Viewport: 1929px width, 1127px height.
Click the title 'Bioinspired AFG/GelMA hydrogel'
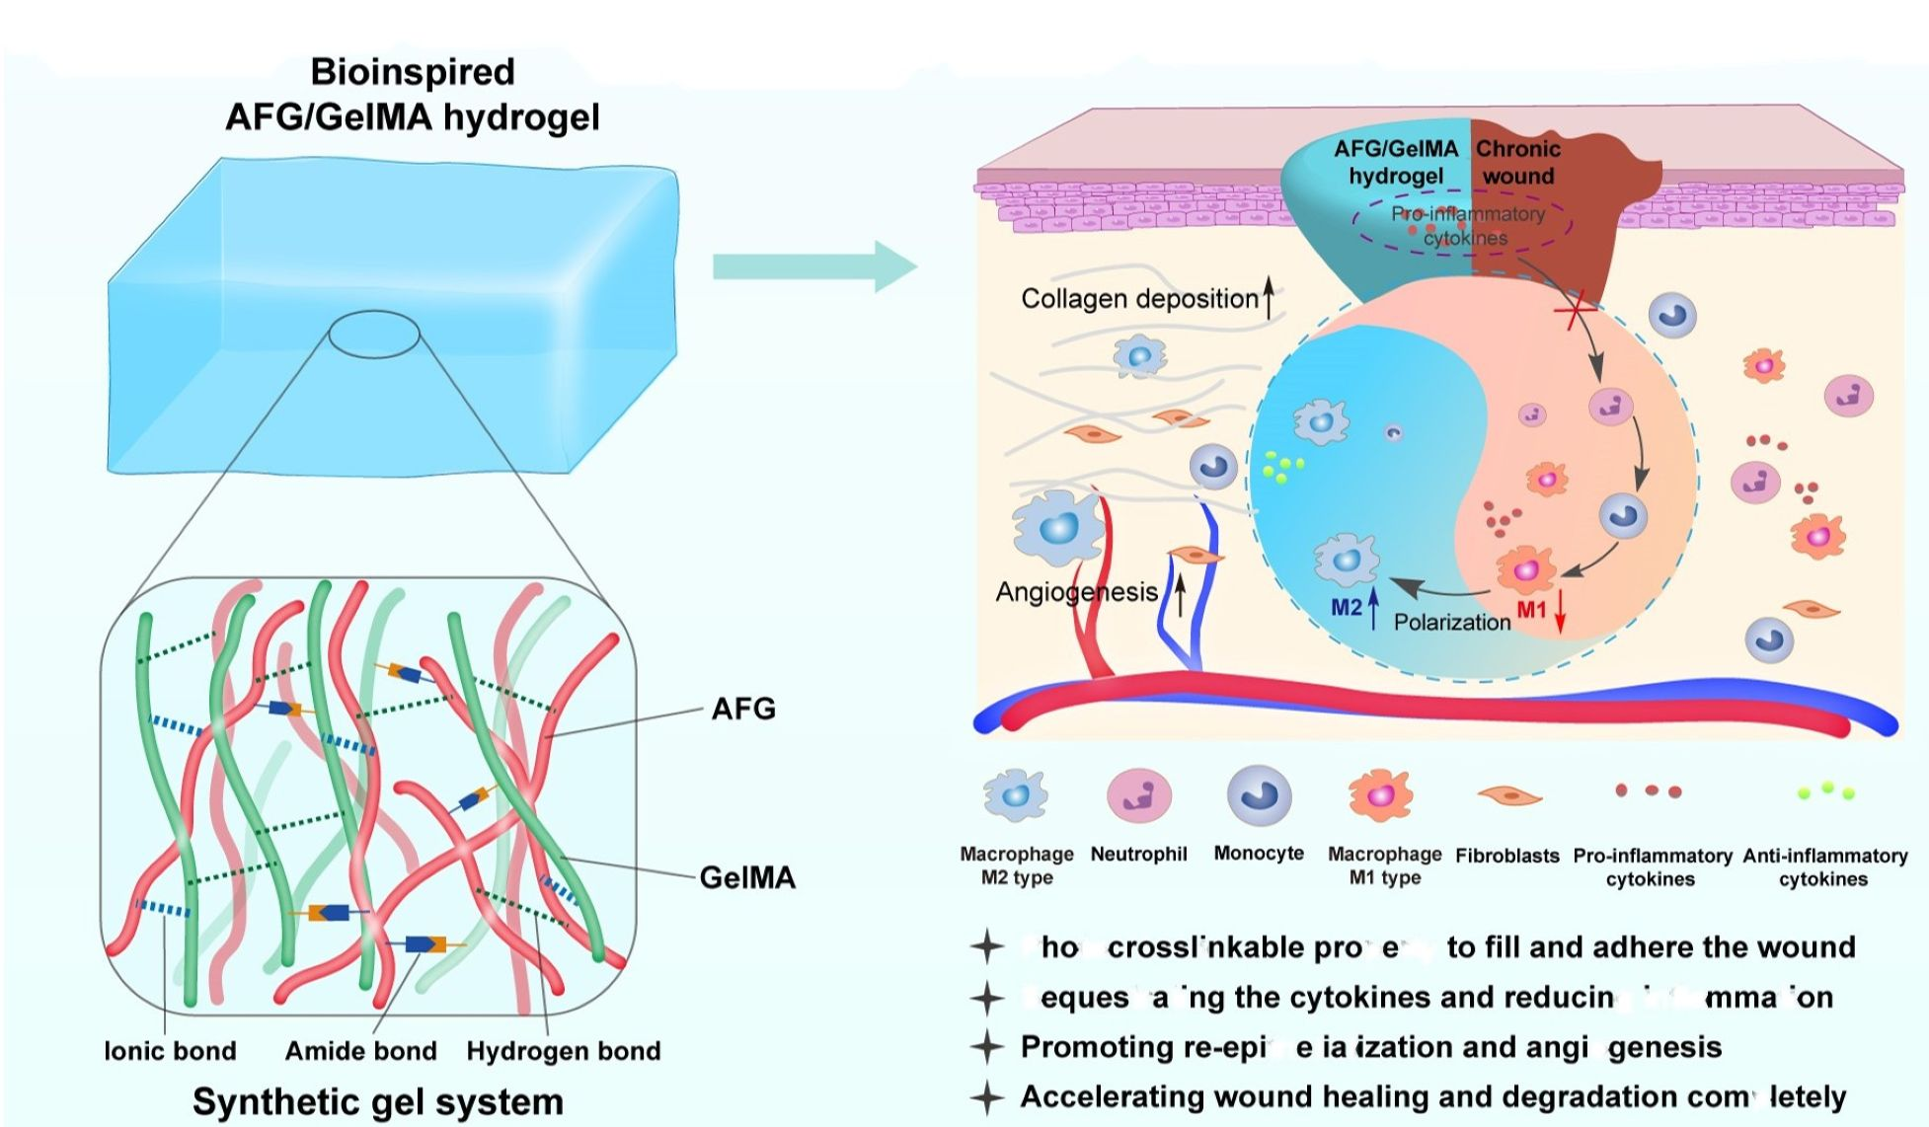point(412,95)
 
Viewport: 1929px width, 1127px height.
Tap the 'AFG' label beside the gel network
point(743,709)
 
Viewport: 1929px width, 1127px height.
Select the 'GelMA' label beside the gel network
point(747,877)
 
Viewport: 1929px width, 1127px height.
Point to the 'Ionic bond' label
point(171,1051)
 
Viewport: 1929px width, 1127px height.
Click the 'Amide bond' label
point(360,1051)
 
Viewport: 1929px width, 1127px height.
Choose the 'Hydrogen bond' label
point(563,1051)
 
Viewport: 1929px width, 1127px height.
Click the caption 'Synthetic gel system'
point(378,1101)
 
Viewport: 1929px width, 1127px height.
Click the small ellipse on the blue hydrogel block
point(374,335)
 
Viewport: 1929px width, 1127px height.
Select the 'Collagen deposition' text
point(1139,299)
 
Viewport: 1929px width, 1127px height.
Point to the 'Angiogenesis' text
point(1076,592)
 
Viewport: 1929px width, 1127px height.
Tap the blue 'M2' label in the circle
point(1346,608)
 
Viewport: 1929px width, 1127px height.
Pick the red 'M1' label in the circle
point(1531,610)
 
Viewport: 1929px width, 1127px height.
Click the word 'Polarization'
point(1451,623)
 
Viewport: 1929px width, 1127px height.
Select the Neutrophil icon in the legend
point(1139,795)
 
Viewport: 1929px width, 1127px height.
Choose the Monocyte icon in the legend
point(1259,794)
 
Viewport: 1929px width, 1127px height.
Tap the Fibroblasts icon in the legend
point(1508,795)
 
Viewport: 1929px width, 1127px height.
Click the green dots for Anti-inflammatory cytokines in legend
point(1825,790)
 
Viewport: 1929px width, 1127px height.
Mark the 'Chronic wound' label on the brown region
point(1517,163)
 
